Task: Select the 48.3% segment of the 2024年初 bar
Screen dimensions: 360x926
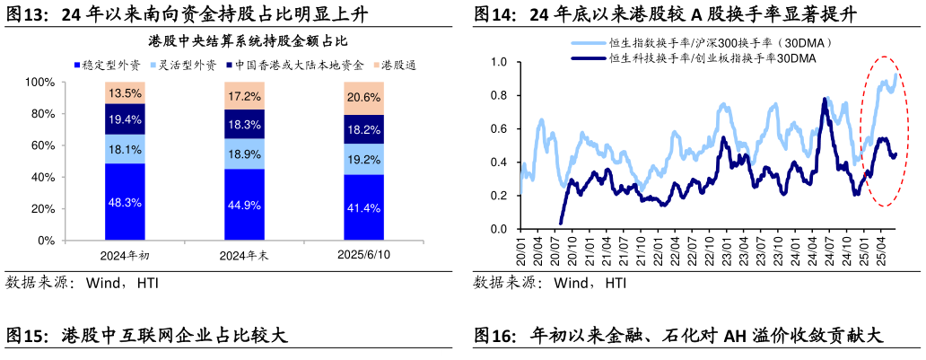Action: click(x=125, y=202)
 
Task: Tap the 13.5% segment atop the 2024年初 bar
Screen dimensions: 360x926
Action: click(x=125, y=93)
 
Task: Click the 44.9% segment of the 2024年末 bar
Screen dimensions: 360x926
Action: click(x=244, y=205)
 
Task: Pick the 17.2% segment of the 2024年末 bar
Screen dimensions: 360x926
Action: click(x=244, y=96)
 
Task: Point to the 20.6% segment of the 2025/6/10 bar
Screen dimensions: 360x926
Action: click(x=363, y=98)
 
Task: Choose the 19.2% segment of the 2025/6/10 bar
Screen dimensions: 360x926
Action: click(x=363, y=160)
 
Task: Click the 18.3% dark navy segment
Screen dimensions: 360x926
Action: click(x=244, y=125)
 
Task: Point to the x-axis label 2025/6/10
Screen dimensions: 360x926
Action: click(x=363, y=255)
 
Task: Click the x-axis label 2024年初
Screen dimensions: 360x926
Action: click(x=125, y=256)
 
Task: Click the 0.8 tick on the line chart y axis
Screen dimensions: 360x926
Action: click(x=500, y=95)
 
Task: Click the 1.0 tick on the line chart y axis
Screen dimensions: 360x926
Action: click(x=500, y=62)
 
